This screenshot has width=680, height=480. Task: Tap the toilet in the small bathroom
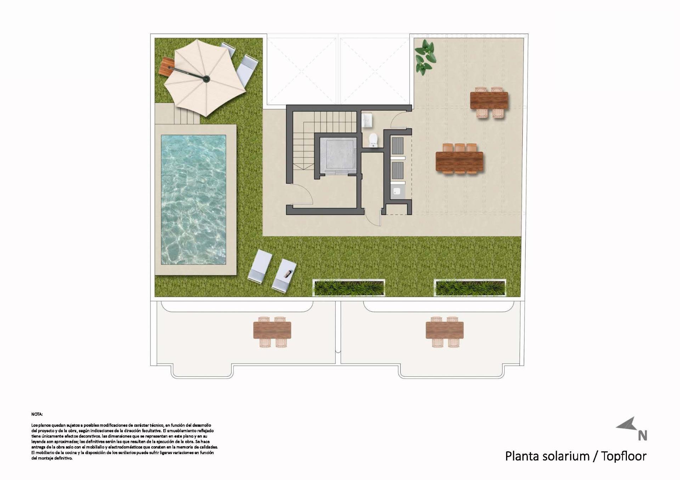pos(373,140)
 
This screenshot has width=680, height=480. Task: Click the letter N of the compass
pos(642,435)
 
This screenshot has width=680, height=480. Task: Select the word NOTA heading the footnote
pos(37,414)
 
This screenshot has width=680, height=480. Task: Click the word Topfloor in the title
pos(624,456)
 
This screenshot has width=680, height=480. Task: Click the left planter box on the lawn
pos(349,288)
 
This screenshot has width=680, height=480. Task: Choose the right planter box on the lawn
pos(470,288)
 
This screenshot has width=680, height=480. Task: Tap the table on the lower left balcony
pos(272,330)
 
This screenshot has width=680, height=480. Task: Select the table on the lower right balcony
pos(444,330)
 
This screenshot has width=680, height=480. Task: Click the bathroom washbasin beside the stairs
pos(367,120)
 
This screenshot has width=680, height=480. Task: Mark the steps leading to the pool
pos(186,116)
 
